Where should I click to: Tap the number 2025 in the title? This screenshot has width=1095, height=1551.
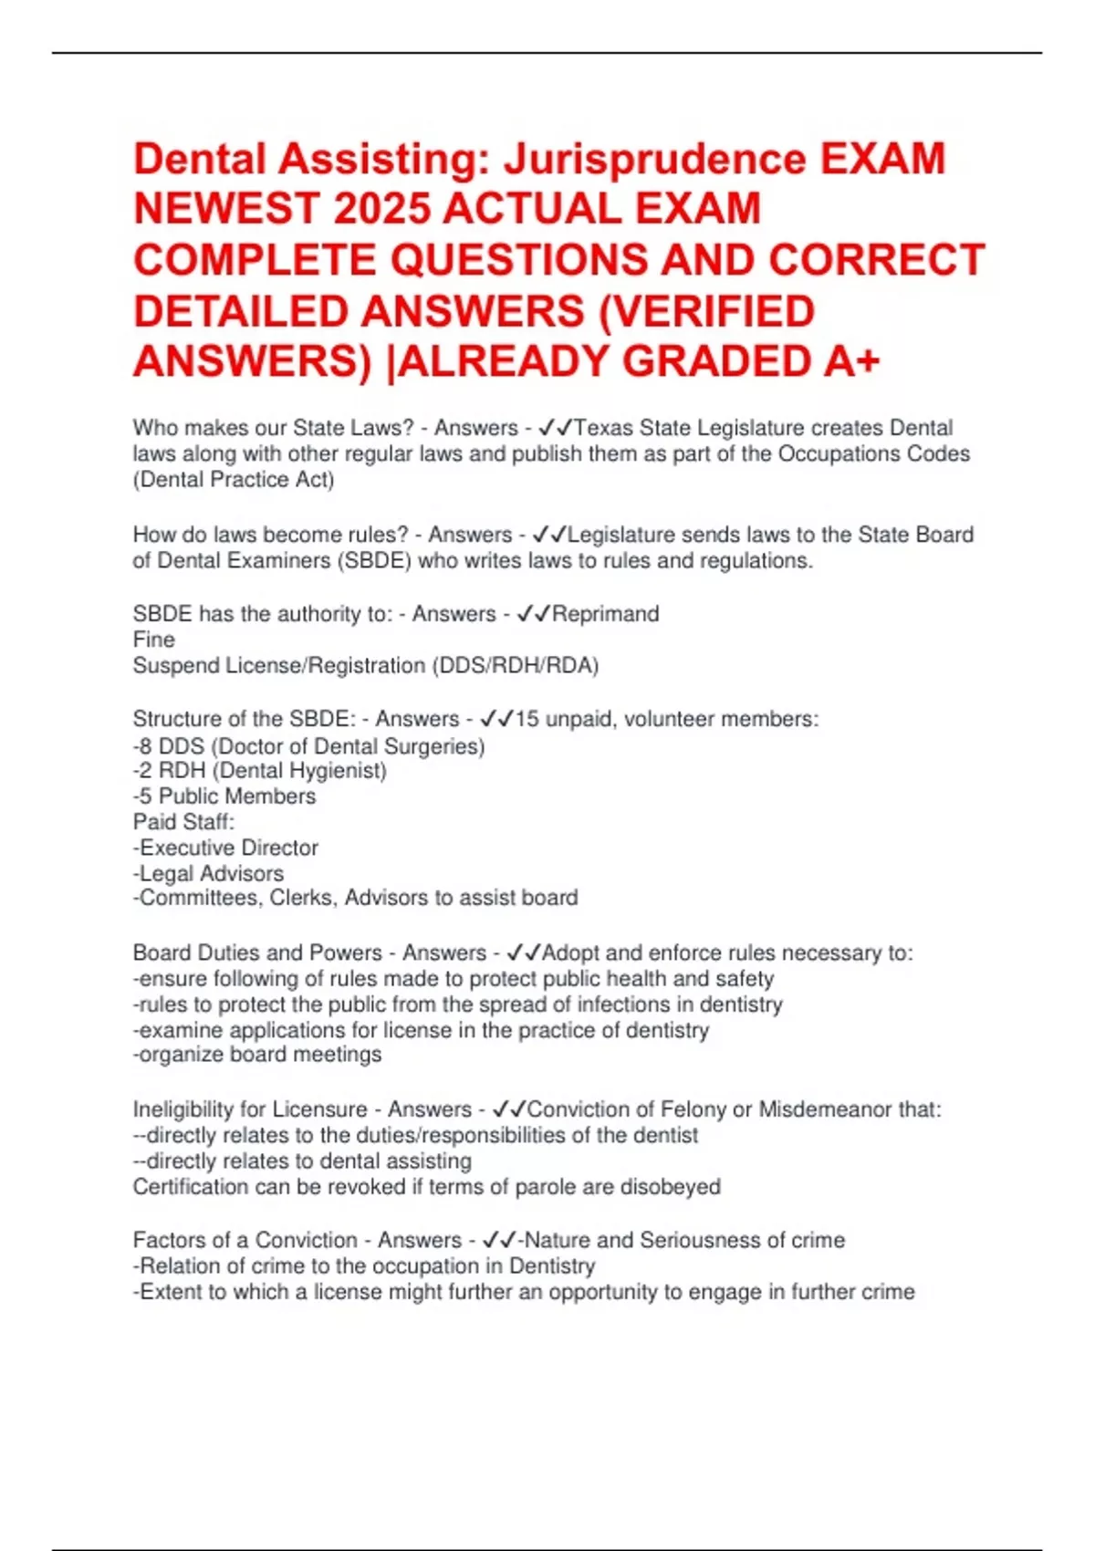(x=382, y=209)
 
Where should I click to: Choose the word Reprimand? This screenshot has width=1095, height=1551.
(x=606, y=614)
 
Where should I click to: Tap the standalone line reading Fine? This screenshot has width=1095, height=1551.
(x=153, y=640)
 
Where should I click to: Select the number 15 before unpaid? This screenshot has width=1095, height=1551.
(x=527, y=719)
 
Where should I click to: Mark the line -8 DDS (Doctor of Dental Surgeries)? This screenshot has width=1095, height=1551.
(x=308, y=746)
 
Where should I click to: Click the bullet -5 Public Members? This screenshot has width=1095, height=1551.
(x=224, y=796)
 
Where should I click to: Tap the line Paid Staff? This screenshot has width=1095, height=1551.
(x=183, y=822)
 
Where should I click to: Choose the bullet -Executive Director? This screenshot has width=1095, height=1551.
(x=225, y=848)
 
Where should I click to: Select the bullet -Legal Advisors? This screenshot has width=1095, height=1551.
(x=208, y=873)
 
